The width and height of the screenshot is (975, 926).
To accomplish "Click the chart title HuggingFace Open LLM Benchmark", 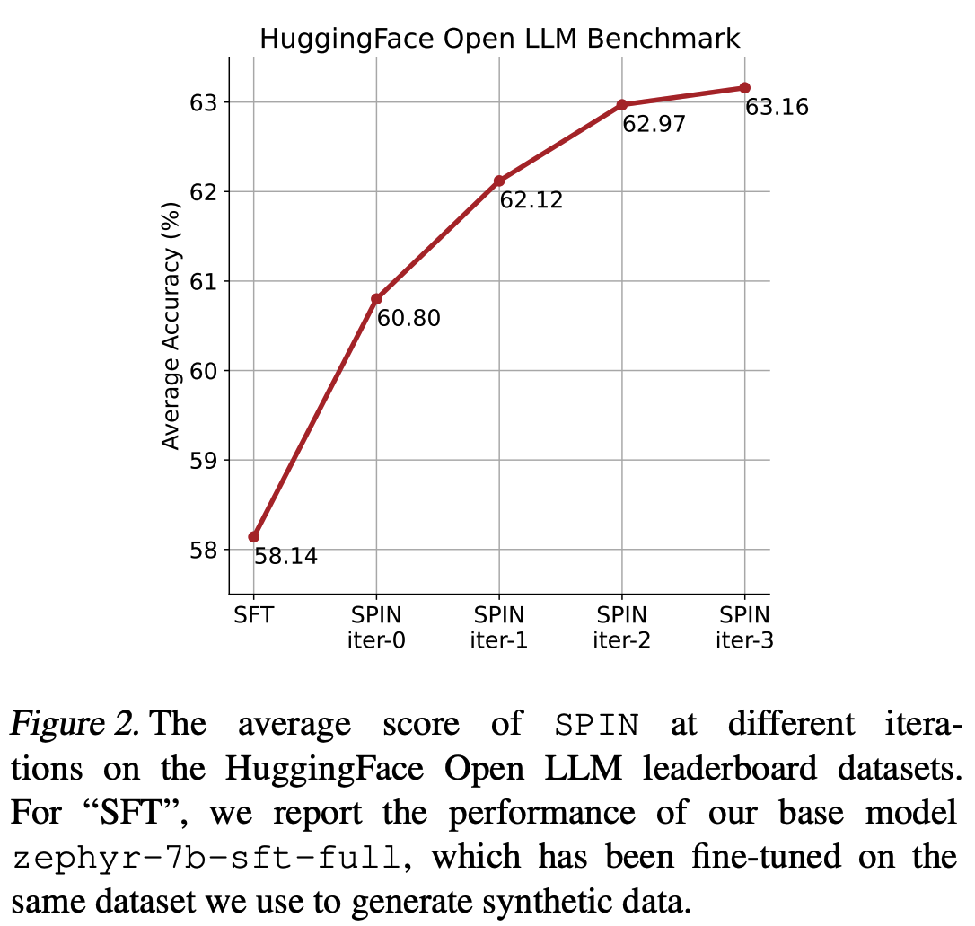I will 499,39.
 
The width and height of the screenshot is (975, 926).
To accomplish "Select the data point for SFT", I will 254,537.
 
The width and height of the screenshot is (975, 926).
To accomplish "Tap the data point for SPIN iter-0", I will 376,299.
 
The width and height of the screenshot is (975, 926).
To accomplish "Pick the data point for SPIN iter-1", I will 499,181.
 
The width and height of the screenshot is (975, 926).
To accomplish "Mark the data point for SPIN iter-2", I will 622,104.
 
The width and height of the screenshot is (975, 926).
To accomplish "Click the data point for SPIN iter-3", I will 744,87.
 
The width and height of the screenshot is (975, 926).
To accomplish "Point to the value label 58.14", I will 285,557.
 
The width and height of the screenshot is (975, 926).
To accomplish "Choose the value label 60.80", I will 408,318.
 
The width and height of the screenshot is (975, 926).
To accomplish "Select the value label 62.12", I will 531,200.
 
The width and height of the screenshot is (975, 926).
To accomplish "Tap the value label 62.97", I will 654,124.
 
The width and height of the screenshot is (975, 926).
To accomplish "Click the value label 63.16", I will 777,108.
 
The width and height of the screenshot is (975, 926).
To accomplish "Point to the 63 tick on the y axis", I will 204,102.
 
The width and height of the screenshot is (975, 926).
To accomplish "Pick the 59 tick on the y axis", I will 204,460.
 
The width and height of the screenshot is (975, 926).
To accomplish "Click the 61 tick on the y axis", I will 204,281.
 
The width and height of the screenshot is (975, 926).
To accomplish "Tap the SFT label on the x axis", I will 254,615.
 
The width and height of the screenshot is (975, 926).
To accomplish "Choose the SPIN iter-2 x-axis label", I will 622,628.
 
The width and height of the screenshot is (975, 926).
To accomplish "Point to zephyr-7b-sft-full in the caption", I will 206,857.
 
